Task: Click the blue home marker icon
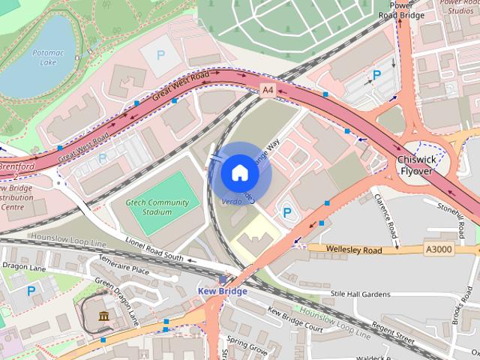click(x=239, y=173)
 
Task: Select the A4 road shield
click(x=268, y=90)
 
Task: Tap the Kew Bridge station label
click(x=222, y=291)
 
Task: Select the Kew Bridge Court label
click(x=295, y=320)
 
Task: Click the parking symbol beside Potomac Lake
click(x=159, y=55)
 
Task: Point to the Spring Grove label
click(x=247, y=347)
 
